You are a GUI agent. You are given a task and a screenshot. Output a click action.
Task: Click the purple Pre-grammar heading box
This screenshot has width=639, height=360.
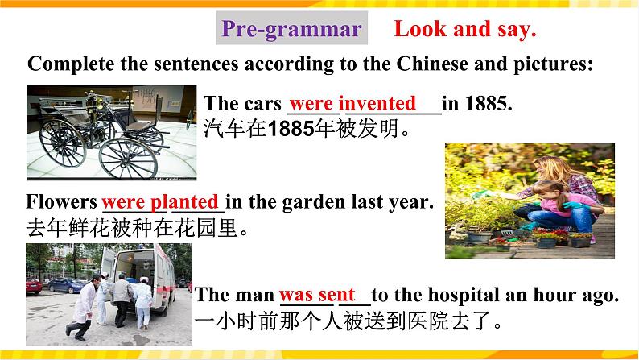click(x=291, y=30)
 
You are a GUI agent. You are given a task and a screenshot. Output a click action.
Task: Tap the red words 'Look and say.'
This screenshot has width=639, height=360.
click(x=465, y=30)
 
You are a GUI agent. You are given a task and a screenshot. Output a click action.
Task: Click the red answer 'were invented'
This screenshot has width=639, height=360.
click(x=352, y=104)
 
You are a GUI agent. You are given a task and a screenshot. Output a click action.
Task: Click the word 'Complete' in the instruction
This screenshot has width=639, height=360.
click(x=67, y=64)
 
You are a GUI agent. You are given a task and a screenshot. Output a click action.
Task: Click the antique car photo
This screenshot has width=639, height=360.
click(x=112, y=131)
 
